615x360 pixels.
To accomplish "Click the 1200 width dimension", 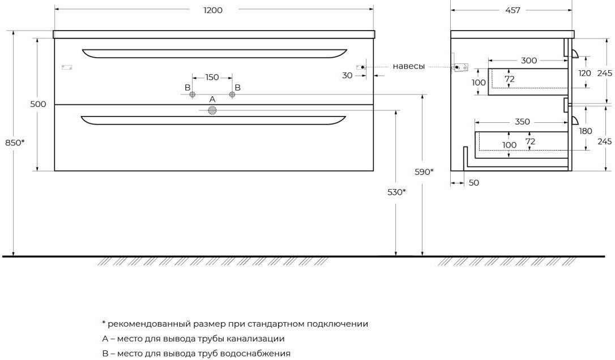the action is (x=213, y=10).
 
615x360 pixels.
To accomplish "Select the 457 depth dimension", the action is (x=512, y=10).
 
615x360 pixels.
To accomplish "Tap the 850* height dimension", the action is (x=15, y=143).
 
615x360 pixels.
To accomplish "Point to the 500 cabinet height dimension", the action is (x=38, y=104).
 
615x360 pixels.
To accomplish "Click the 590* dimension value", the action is (x=424, y=172).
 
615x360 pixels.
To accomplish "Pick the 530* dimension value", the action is (x=396, y=192).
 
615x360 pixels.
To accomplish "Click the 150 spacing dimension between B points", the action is (x=212, y=77).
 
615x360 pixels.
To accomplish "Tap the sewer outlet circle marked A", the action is (x=212, y=110).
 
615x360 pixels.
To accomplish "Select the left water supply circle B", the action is (x=192, y=95).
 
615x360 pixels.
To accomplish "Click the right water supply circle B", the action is (x=232, y=95).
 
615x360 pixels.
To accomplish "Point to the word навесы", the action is (x=409, y=67).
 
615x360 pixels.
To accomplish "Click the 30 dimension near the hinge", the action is (x=347, y=75).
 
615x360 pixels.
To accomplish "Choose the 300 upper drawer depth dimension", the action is (x=529, y=61).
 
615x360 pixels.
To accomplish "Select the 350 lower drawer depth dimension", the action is (x=522, y=122).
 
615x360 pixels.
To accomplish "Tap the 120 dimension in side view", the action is (x=584, y=73).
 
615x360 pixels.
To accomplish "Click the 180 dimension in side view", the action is (x=585, y=131).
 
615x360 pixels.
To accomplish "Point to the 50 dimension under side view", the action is (x=474, y=183).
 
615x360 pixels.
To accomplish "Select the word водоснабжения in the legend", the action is (x=255, y=353).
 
